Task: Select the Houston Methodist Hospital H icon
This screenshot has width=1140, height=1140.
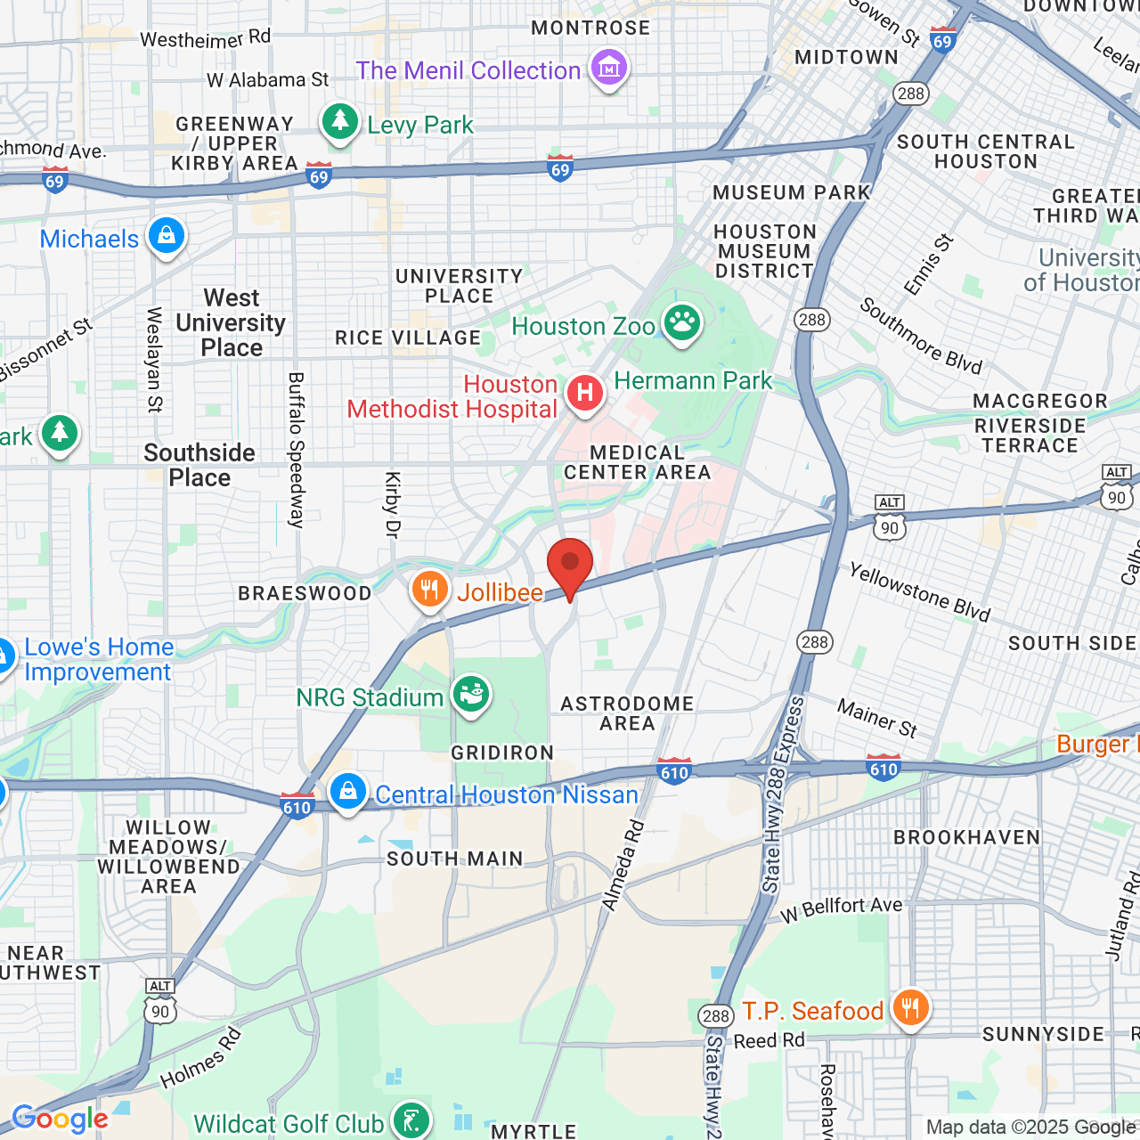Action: (584, 393)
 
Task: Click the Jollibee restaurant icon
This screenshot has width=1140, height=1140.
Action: (430, 590)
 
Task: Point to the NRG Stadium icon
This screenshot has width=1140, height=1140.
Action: (471, 694)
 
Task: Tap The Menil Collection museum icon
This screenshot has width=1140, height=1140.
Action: (609, 68)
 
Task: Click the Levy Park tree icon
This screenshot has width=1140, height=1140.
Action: (339, 121)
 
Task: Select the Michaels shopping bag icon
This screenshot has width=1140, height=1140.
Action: (167, 236)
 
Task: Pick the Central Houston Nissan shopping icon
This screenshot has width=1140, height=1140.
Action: (348, 791)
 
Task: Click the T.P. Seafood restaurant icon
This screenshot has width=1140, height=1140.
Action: (909, 1008)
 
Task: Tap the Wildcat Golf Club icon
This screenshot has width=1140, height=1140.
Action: (411, 1120)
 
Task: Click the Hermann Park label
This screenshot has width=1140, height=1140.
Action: (693, 381)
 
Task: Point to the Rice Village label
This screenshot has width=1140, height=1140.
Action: (408, 338)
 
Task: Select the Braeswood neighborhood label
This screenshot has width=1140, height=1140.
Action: (305, 594)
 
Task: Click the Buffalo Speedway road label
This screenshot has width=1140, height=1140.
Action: (297, 450)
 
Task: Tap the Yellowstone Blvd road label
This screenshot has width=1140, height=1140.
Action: (919, 592)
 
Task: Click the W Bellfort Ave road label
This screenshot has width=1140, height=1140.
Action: (842, 908)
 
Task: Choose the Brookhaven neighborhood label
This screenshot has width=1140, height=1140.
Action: (967, 837)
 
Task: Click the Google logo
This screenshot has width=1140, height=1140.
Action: (60, 1120)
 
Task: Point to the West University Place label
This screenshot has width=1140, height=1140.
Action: (232, 322)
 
